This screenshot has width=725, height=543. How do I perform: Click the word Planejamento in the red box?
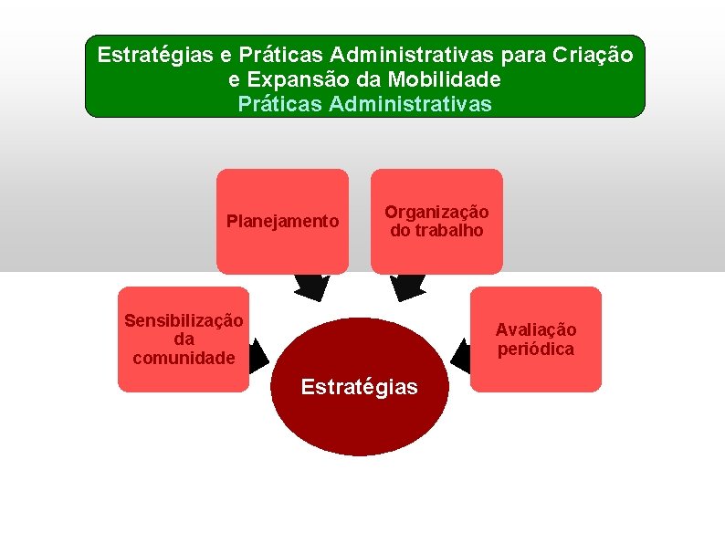pos(282,222)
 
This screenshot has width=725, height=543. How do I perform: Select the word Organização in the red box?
pos(436,212)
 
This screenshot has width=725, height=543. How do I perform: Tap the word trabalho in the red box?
pos(447,231)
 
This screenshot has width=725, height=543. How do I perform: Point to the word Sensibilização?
pos(184,320)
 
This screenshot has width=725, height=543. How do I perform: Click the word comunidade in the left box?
pos(184,358)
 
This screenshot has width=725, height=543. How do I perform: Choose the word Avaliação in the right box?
pos(536,330)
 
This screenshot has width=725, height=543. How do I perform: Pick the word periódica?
pos(536,350)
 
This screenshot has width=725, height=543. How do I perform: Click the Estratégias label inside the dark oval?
pos(360,387)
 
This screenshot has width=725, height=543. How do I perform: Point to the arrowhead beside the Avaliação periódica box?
pos(461,350)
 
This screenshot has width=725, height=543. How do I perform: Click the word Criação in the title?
pos(592,55)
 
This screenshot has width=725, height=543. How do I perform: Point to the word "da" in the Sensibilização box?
pos(184,339)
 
